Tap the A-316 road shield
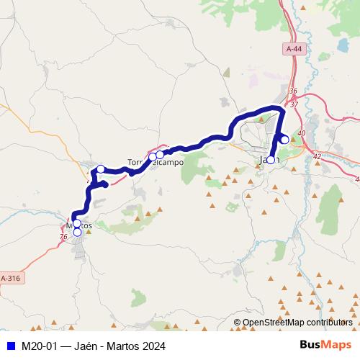(x=11, y=278)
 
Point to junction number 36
(x=292, y=91)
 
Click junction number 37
(x=294, y=104)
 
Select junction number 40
(x=301, y=133)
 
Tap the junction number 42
(x=318, y=156)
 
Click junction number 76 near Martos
(x=63, y=237)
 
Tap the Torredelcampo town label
(x=155, y=163)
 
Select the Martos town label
(x=75, y=225)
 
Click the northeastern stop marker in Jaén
(x=284, y=139)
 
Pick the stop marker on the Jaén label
(x=270, y=160)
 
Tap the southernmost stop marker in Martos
(x=77, y=232)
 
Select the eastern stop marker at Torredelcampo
(x=160, y=154)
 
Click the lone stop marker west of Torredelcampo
(x=101, y=169)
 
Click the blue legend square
(x=10, y=345)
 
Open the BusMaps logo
(x=325, y=344)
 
